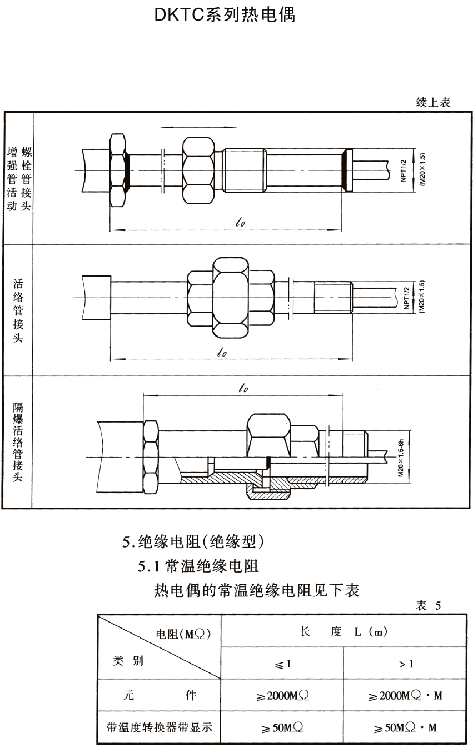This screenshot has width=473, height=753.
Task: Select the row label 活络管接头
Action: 18,310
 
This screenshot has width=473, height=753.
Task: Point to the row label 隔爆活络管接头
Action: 18,442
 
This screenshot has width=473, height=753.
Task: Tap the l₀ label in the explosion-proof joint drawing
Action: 242,389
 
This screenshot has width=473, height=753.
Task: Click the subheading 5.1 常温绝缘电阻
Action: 198,566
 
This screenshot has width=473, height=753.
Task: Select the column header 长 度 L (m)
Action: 343,632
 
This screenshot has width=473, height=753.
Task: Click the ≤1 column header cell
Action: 282,664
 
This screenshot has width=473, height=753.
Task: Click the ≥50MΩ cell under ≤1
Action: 282,727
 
